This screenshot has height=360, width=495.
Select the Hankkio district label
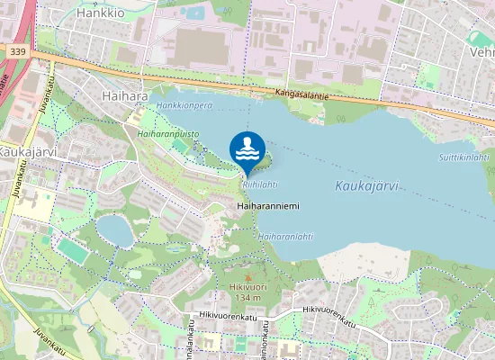coord(100,13)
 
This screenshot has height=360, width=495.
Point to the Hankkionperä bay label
coord(184,105)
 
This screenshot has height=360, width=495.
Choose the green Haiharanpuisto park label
coord(167,132)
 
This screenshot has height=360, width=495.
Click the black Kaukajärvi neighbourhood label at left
coord(28,152)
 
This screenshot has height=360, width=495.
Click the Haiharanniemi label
coord(267,206)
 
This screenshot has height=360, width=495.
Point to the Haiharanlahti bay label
coord(285,237)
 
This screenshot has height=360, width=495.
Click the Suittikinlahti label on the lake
coord(463,157)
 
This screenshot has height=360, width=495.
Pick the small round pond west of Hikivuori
coord(114,230)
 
